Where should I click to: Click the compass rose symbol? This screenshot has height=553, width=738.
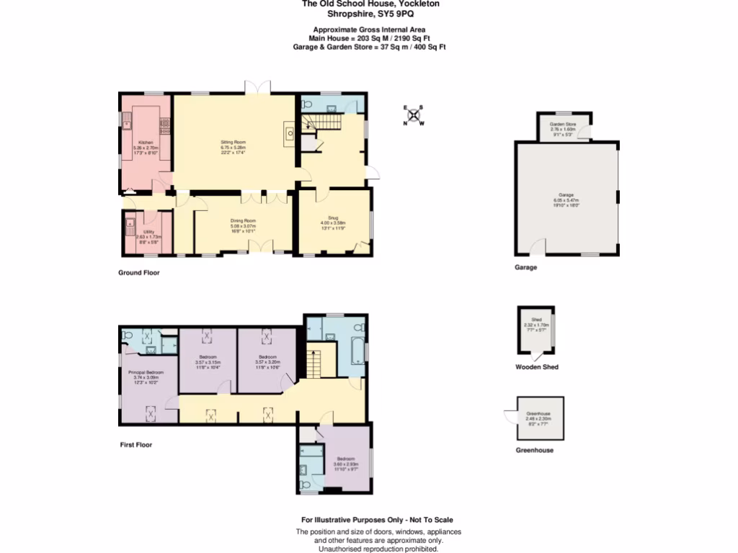[x=414, y=115]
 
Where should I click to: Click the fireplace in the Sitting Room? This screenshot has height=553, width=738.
[x=289, y=132]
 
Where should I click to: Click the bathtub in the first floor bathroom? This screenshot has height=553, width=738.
[x=356, y=350]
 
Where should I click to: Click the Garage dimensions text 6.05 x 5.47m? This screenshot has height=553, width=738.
[x=566, y=200]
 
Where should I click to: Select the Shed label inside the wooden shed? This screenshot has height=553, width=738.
[x=536, y=320]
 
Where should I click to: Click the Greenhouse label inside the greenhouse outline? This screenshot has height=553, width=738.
[x=538, y=413]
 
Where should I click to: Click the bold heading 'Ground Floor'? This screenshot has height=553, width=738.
[x=139, y=273]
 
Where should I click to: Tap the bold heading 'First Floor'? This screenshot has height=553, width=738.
[x=135, y=445]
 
